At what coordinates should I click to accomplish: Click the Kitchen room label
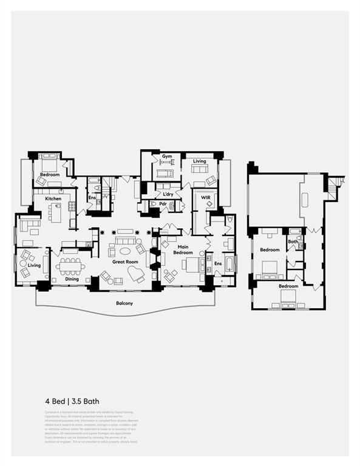(x=53, y=198)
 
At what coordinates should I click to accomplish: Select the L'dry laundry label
(x=168, y=194)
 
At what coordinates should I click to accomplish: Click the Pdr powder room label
(x=163, y=204)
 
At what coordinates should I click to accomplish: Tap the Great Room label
(x=126, y=262)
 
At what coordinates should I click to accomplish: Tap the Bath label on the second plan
(x=293, y=242)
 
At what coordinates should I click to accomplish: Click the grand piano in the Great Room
(x=136, y=275)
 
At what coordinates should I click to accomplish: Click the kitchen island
(x=56, y=213)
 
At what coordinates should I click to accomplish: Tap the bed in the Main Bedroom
(x=194, y=265)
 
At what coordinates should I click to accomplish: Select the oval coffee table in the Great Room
(x=125, y=251)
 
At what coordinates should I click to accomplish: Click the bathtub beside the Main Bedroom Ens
(x=229, y=264)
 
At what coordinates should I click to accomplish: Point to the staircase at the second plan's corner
(x=336, y=181)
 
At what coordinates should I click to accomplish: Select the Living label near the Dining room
(x=34, y=265)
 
